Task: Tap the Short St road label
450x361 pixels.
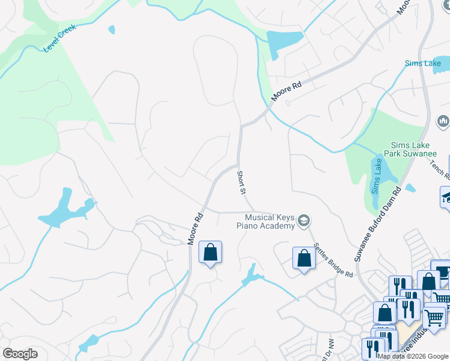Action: coord(241,182)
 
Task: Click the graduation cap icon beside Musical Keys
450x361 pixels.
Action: coord(304,221)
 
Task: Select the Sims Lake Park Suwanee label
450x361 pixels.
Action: coord(413,150)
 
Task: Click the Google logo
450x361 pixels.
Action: coord(20,354)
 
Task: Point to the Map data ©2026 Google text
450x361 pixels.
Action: coord(413,356)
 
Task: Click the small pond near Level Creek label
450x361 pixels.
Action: coord(111,29)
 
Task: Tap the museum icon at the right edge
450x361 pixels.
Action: coord(444,122)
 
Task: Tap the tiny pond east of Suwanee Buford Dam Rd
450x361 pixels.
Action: coord(410,188)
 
